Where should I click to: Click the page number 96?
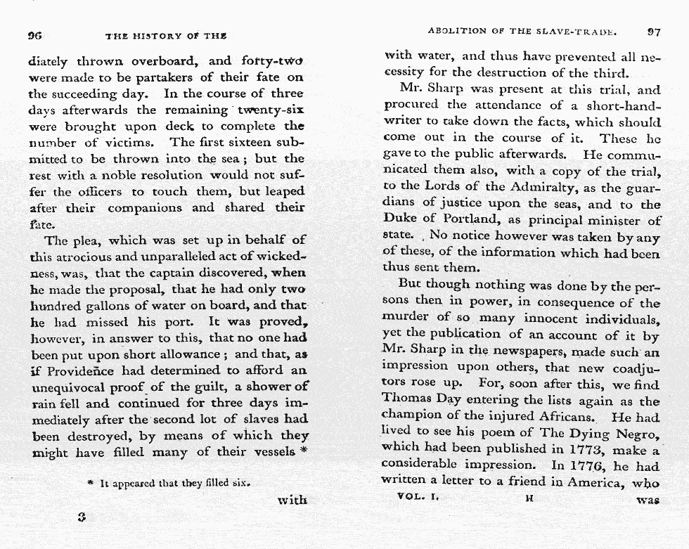35,35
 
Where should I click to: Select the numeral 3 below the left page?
82,516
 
